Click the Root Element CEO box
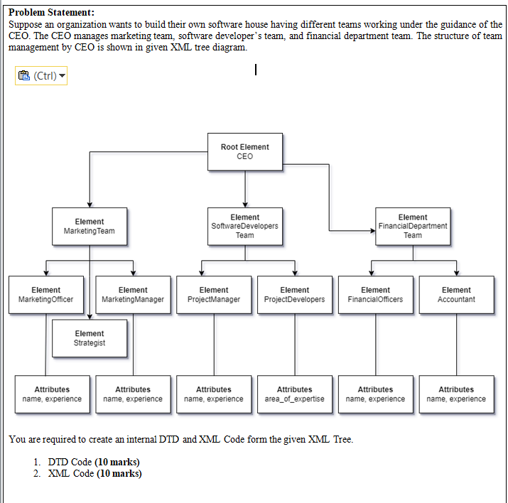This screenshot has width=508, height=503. pyautogui.click(x=244, y=151)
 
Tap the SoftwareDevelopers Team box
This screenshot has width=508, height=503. pyautogui.click(x=244, y=226)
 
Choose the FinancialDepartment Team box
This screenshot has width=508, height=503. pyautogui.click(x=413, y=226)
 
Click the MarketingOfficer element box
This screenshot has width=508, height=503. pyautogui.click(x=45, y=294)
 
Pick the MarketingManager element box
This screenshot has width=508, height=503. pyautogui.click(x=133, y=294)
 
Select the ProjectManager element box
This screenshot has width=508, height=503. pyautogui.click(x=214, y=294)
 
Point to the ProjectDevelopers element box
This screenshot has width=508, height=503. pyautogui.click(x=294, y=294)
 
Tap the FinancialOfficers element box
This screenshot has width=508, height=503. pyautogui.click(x=375, y=294)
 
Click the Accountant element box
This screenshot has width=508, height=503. pyautogui.click(x=456, y=294)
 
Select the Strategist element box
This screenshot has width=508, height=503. pyautogui.click(x=89, y=338)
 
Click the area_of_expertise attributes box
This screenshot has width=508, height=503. pyautogui.click(x=294, y=394)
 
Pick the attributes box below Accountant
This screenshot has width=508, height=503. pyautogui.click(x=456, y=394)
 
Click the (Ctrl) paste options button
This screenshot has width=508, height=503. pyautogui.click(x=40, y=75)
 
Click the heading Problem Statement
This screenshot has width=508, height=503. pyautogui.click(x=50, y=13)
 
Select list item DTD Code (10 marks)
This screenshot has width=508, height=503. pyautogui.click(x=93, y=463)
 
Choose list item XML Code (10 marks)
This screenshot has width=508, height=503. pyautogui.click(x=94, y=474)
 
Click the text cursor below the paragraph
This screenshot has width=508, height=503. pyautogui.click(x=254, y=70)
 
